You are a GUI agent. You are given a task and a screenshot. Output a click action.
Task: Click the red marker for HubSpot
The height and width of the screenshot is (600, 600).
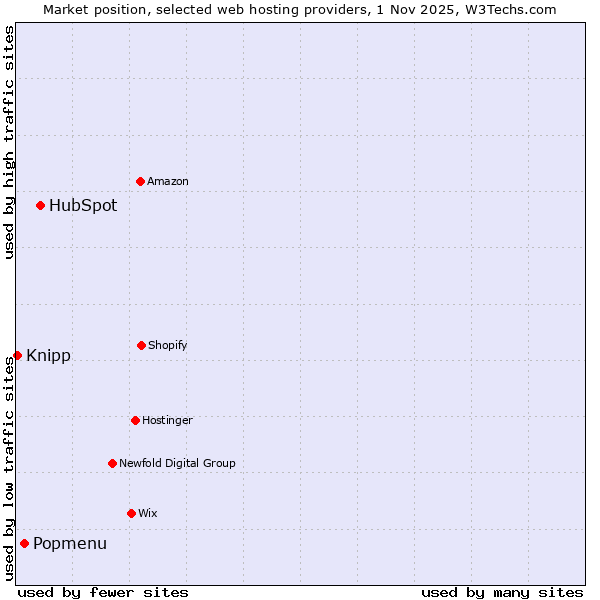(40, 205)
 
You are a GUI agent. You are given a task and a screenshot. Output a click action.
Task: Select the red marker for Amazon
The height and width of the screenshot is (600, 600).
(140, 181)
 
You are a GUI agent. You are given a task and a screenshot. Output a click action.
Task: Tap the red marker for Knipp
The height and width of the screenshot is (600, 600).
(17, 355)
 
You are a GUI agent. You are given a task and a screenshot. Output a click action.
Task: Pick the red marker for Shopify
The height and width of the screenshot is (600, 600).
(141, 345)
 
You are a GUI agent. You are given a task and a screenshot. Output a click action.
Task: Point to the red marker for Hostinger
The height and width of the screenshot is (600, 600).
(135, 420)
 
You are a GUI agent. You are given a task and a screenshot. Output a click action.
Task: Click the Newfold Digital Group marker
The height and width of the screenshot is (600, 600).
(112, 463)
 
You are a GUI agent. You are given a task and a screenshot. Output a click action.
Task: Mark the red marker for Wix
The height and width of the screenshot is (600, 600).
(131, 513)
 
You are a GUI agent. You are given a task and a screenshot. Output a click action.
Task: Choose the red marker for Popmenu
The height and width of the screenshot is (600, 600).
(24, 543)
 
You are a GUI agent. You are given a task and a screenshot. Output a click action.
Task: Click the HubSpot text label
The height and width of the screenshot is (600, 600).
(83, 206)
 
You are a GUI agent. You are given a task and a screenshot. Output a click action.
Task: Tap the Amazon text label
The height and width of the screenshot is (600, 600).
(168, 181)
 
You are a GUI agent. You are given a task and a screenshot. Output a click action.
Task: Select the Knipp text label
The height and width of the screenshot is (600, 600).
(48, 356)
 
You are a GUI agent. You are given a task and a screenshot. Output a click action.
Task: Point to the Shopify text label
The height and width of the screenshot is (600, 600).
(168, 345)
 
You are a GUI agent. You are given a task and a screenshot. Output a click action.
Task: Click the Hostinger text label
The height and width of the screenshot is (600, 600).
(167, 420)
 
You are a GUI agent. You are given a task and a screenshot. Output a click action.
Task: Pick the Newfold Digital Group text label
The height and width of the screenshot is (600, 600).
(177, 463)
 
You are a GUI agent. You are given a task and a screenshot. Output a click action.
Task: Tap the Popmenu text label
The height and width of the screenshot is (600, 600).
(70, 544)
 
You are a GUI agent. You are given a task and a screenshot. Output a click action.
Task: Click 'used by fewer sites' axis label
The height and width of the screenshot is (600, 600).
(103, 592)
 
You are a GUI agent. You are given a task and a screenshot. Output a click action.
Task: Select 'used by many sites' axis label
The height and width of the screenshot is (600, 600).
(502, 592)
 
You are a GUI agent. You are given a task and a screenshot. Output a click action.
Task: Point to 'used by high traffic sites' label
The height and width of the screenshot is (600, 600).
(9, 142)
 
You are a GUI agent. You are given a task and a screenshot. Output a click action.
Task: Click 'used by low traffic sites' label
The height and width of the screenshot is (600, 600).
(9, 468)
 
